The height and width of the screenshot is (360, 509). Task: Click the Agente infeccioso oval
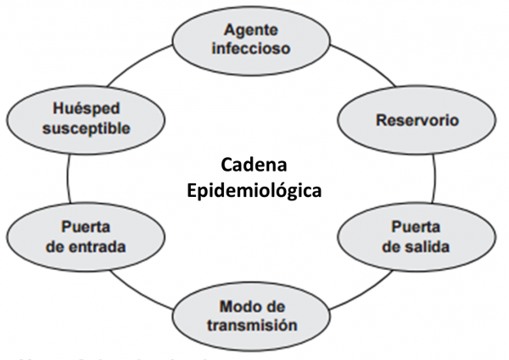click(251, 39)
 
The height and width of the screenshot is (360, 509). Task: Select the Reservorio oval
click(417, 121)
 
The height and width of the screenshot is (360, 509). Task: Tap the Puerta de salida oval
click(415, 238)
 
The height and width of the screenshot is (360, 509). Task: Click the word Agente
click(251, 30)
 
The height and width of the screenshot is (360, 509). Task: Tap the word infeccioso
click(251, 48)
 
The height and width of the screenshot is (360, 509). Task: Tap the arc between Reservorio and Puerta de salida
click(435, 178)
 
